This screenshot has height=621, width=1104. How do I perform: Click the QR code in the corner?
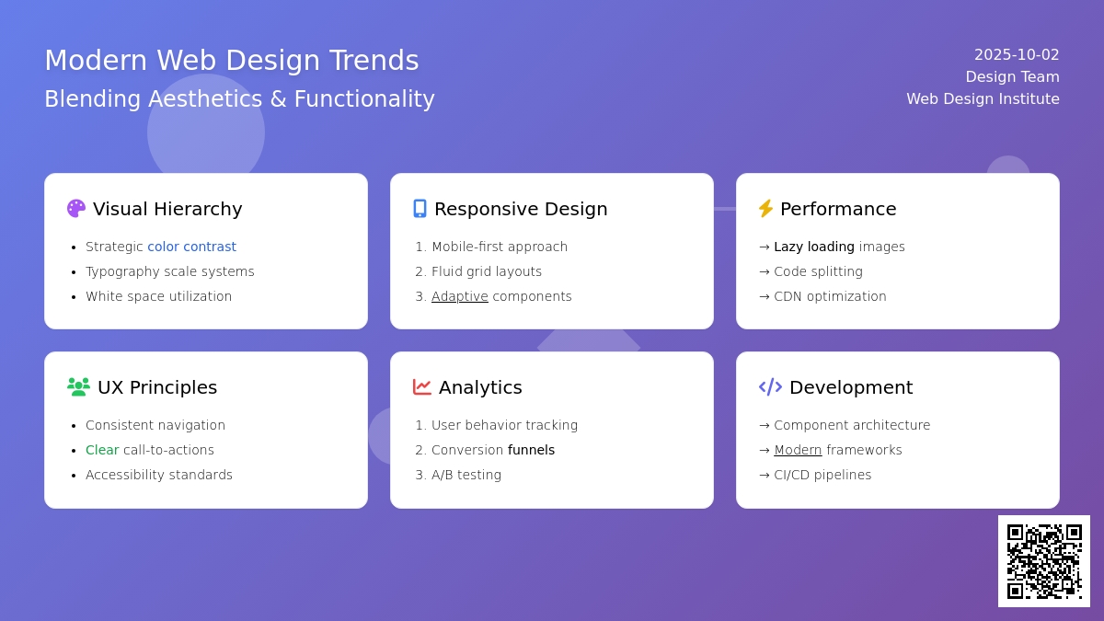[x=1044, y=561]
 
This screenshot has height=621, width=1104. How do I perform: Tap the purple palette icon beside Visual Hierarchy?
[x=75, y=209]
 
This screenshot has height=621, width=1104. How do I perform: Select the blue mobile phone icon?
[x=420, y=209]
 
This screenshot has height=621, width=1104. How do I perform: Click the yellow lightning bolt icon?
[x=765, y=209]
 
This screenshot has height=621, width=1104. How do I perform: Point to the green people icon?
[x=78, y=387]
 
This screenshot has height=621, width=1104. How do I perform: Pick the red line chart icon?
[x=422, y=387]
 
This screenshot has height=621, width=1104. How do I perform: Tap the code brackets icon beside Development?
[x=770, y=387]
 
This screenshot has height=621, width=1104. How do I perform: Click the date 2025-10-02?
[x=1017, y=54]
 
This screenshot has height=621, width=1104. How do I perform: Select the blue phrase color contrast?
[x=191, y=247]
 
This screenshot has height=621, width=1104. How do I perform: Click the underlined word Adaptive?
[x=460, y=296]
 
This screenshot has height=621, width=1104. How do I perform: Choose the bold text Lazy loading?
[x=814, y=247]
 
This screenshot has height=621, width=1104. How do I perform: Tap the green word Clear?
[x=102, y=450]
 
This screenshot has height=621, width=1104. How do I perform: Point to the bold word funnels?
[x=531, y=450]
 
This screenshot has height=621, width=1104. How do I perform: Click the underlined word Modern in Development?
[x=798, y=450]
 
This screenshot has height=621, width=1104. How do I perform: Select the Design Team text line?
[x=1012, y=77]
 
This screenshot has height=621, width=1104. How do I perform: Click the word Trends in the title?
[x=374, y=60]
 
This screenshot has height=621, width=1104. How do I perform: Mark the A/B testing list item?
[x=466, y=475]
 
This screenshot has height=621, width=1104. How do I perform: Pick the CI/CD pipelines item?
[x=822, y=475]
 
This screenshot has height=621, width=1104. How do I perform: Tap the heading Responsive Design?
[x=521, y=209]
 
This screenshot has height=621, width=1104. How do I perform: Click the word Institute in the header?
[x=1029, y=99]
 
